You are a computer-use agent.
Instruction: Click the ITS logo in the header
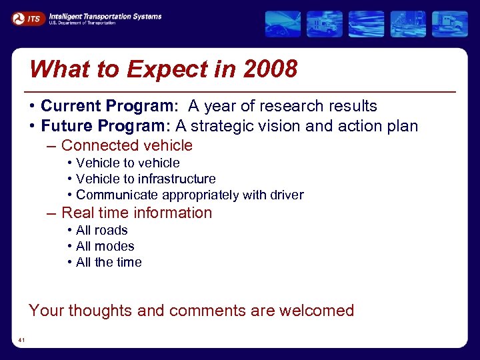click(x=27, y=19)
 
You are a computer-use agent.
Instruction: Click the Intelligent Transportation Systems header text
click(x=105, y=16)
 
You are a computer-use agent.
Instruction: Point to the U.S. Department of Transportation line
click(x=81, y=23)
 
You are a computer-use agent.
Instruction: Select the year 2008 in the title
click(x=271, y=69)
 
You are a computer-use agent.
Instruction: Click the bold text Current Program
click(x=109, y=106)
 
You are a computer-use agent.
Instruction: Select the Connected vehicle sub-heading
click(x=127, y=145)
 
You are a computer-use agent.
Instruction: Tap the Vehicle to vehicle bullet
click(x=127, y=163)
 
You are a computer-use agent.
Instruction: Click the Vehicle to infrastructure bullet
click(x=145, y=179)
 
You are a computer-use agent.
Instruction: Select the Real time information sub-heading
click(x=136, y=213)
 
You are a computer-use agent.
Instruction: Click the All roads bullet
click(x=101, y=230)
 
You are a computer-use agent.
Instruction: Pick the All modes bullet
click(x=105, y=246)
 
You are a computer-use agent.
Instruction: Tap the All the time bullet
click(x=109, y=262)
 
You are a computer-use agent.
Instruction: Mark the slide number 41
click(x=22, y=341)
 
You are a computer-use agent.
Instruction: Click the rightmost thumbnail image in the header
click(x=449, y=24)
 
